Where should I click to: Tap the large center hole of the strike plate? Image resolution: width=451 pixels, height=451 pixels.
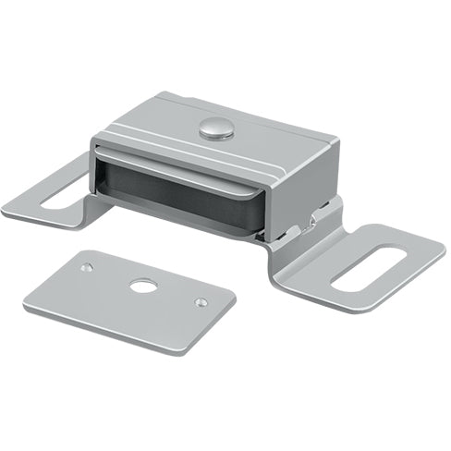[x=143, y=286]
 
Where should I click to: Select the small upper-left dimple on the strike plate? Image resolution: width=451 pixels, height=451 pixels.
[x=86, y=268]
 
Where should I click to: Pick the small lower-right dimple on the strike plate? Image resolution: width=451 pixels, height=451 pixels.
[x=201, y=302]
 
